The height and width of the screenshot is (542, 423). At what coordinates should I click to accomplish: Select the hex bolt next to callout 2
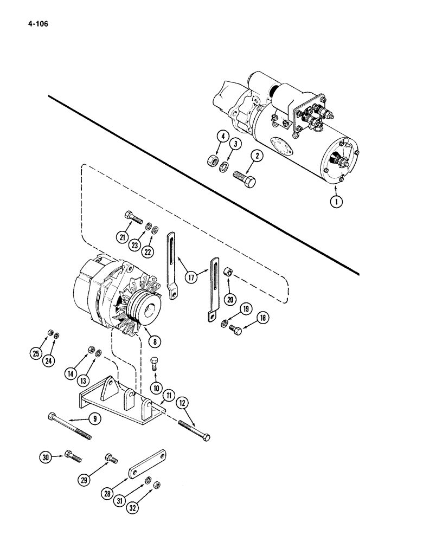tap(246, 180)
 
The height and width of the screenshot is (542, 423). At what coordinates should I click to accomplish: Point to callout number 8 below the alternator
tap(156, 341)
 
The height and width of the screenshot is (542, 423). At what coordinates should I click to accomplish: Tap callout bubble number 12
tap(182, 404)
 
